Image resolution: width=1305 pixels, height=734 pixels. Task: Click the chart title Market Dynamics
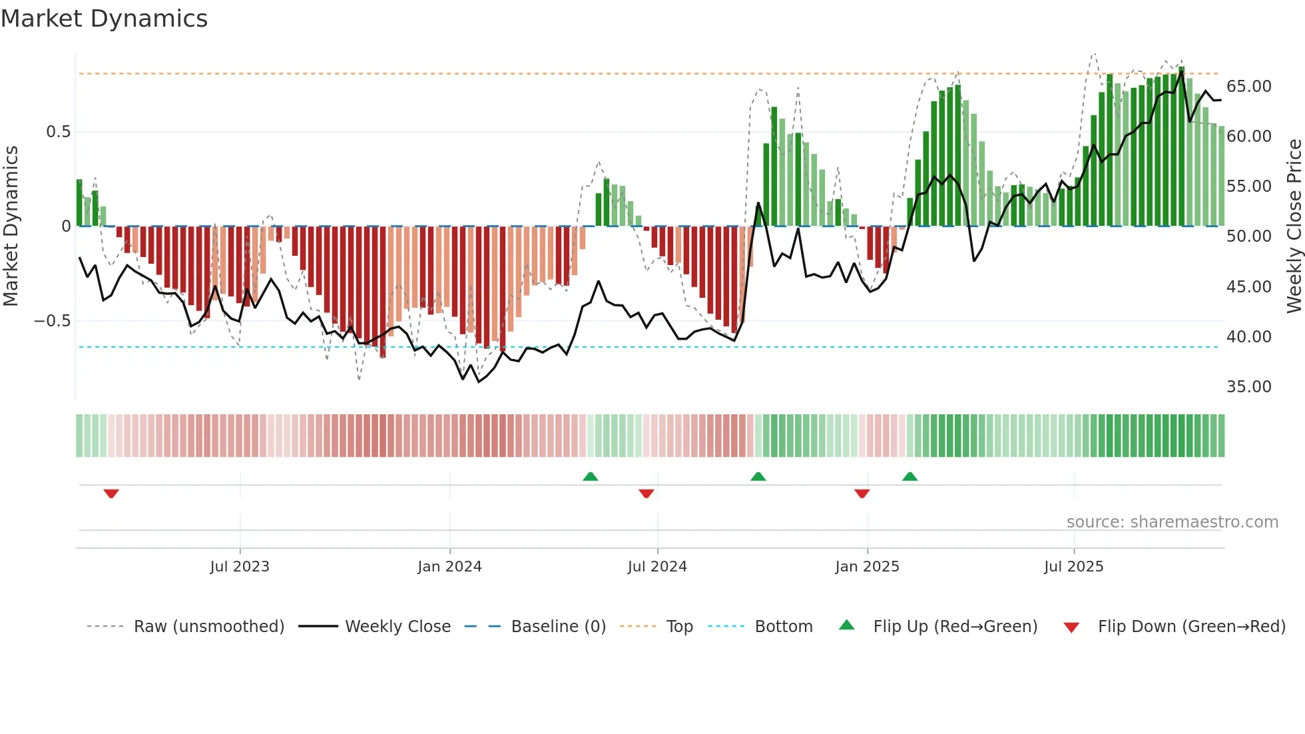[105, 19]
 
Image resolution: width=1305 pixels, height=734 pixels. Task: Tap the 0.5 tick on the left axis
[58, 132]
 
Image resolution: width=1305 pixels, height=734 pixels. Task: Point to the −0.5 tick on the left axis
[53, 321]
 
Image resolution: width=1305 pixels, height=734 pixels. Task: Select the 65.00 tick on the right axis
[1248, 87]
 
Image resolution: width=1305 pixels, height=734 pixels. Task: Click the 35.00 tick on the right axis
[1248, 387]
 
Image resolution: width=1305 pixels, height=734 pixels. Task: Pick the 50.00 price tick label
[1248, 236]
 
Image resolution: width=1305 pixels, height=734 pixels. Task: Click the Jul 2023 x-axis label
[240, 567]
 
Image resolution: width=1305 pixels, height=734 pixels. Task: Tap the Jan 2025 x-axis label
[867, 567]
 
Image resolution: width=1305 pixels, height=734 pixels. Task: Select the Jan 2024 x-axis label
[449, 567]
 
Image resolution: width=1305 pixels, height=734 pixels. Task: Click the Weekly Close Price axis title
[1294, 226]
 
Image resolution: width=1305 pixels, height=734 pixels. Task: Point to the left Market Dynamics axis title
[11, 226]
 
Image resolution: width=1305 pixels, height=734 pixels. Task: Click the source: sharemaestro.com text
[1172, 522]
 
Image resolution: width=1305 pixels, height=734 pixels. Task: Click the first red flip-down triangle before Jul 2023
[111, 494]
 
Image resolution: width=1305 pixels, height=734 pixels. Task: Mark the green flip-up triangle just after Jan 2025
[910, 476]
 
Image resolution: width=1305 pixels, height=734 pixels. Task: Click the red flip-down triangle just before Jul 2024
[646, 494]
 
